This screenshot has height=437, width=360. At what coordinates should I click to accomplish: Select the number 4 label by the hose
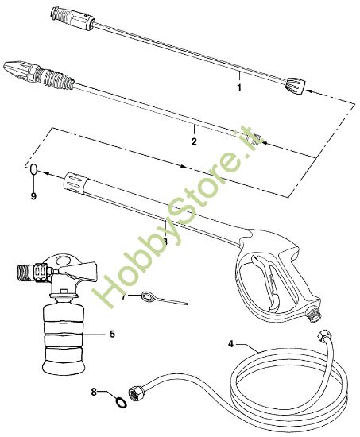[x=231, y=345]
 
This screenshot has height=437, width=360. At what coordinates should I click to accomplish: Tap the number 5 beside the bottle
[x=113, y=335]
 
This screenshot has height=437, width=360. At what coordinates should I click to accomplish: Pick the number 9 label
[x=33, y=194]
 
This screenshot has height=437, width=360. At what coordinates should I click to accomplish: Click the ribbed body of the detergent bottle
[x=64, y=338]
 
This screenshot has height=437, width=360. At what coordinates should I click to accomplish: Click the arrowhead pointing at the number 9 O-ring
[x=44, y=169]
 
